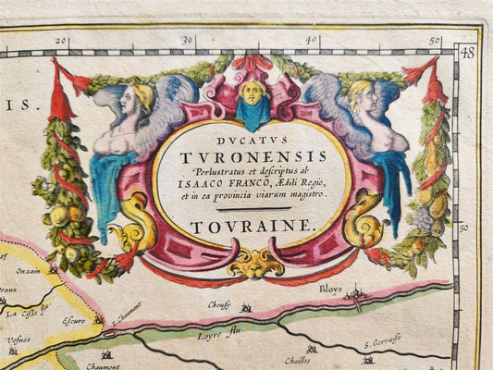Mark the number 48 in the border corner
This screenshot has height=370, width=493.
click(466, 53)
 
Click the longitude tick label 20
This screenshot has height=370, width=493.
click(61, 41)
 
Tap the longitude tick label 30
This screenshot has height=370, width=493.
click(188, 41)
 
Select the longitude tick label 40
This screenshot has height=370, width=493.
click(313, 41)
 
